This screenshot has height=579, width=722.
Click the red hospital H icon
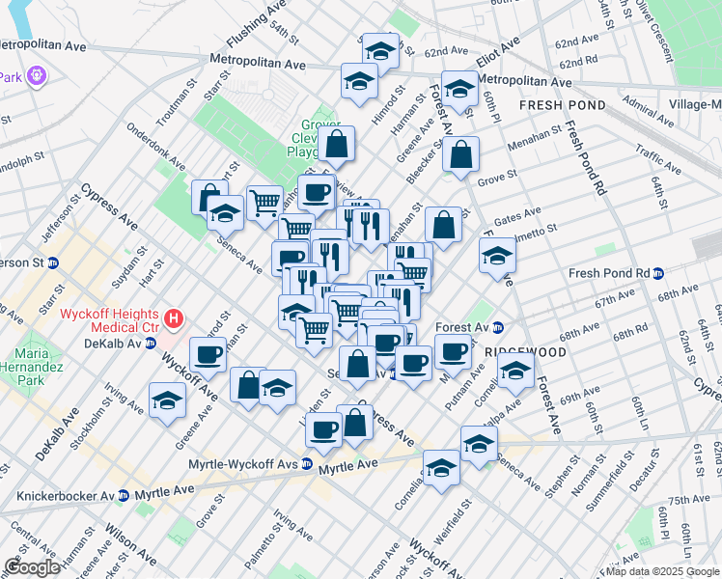173,317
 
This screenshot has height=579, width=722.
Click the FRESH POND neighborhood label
562,105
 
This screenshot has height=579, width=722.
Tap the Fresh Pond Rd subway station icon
658,273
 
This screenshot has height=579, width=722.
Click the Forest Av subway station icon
498,326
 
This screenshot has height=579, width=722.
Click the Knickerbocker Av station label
62,495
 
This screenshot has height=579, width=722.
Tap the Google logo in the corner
31,566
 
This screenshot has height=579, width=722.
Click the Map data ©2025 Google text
662,571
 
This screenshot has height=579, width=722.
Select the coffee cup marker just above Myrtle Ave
324,427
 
